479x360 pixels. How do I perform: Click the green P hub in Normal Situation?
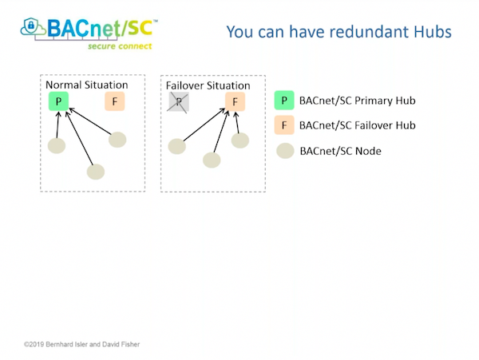coord(59,101)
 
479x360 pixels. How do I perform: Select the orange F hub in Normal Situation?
coord(115,101)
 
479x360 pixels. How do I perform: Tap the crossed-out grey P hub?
coord(179,101)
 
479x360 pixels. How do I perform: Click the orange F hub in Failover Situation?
coord(235,102)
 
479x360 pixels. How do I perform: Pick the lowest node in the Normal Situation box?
coord(96,171)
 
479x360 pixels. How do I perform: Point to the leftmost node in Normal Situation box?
coord(57,146)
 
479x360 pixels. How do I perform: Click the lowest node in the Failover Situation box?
coord(211,160)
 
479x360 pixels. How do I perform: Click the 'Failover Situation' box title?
coord(208,85)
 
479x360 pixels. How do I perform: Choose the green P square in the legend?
coord(284,101)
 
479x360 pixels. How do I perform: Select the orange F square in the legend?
coord(284,125)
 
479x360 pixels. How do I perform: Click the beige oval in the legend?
coord(285,150)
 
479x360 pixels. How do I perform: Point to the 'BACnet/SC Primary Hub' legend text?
coord(357,101)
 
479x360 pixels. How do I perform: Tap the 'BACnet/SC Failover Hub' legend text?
coord(357,125)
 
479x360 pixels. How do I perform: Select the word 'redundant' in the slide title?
coord(358,32)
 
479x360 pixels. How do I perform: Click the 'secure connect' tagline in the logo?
coord(121,46)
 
